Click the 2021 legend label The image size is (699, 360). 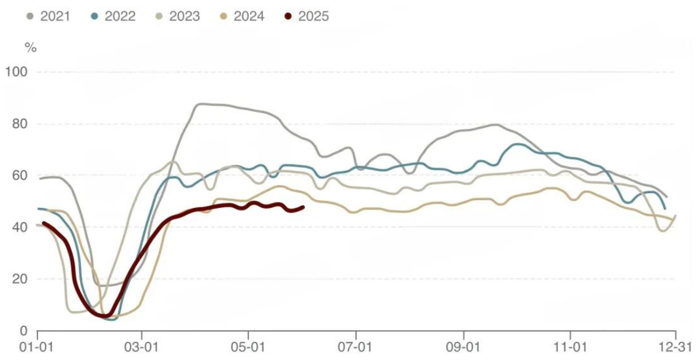(55, 16)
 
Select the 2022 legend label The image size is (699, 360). (119, 16)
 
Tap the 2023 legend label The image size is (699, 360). (184, 16)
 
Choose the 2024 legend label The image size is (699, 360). (249, 16)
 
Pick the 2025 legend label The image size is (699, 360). (313, 16)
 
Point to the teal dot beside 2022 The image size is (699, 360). (95, 16)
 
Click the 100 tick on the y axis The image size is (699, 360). (16, 72)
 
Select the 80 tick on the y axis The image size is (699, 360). (19, 124)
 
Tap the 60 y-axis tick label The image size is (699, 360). (19, 176)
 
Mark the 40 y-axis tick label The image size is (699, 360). (19, 227)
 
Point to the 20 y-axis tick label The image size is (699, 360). (19, 279)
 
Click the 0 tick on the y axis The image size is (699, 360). (23, 331)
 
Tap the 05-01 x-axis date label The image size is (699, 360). (248, 346)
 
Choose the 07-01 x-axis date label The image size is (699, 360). (356, 346)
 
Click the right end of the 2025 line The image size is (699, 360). (303, 207)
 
